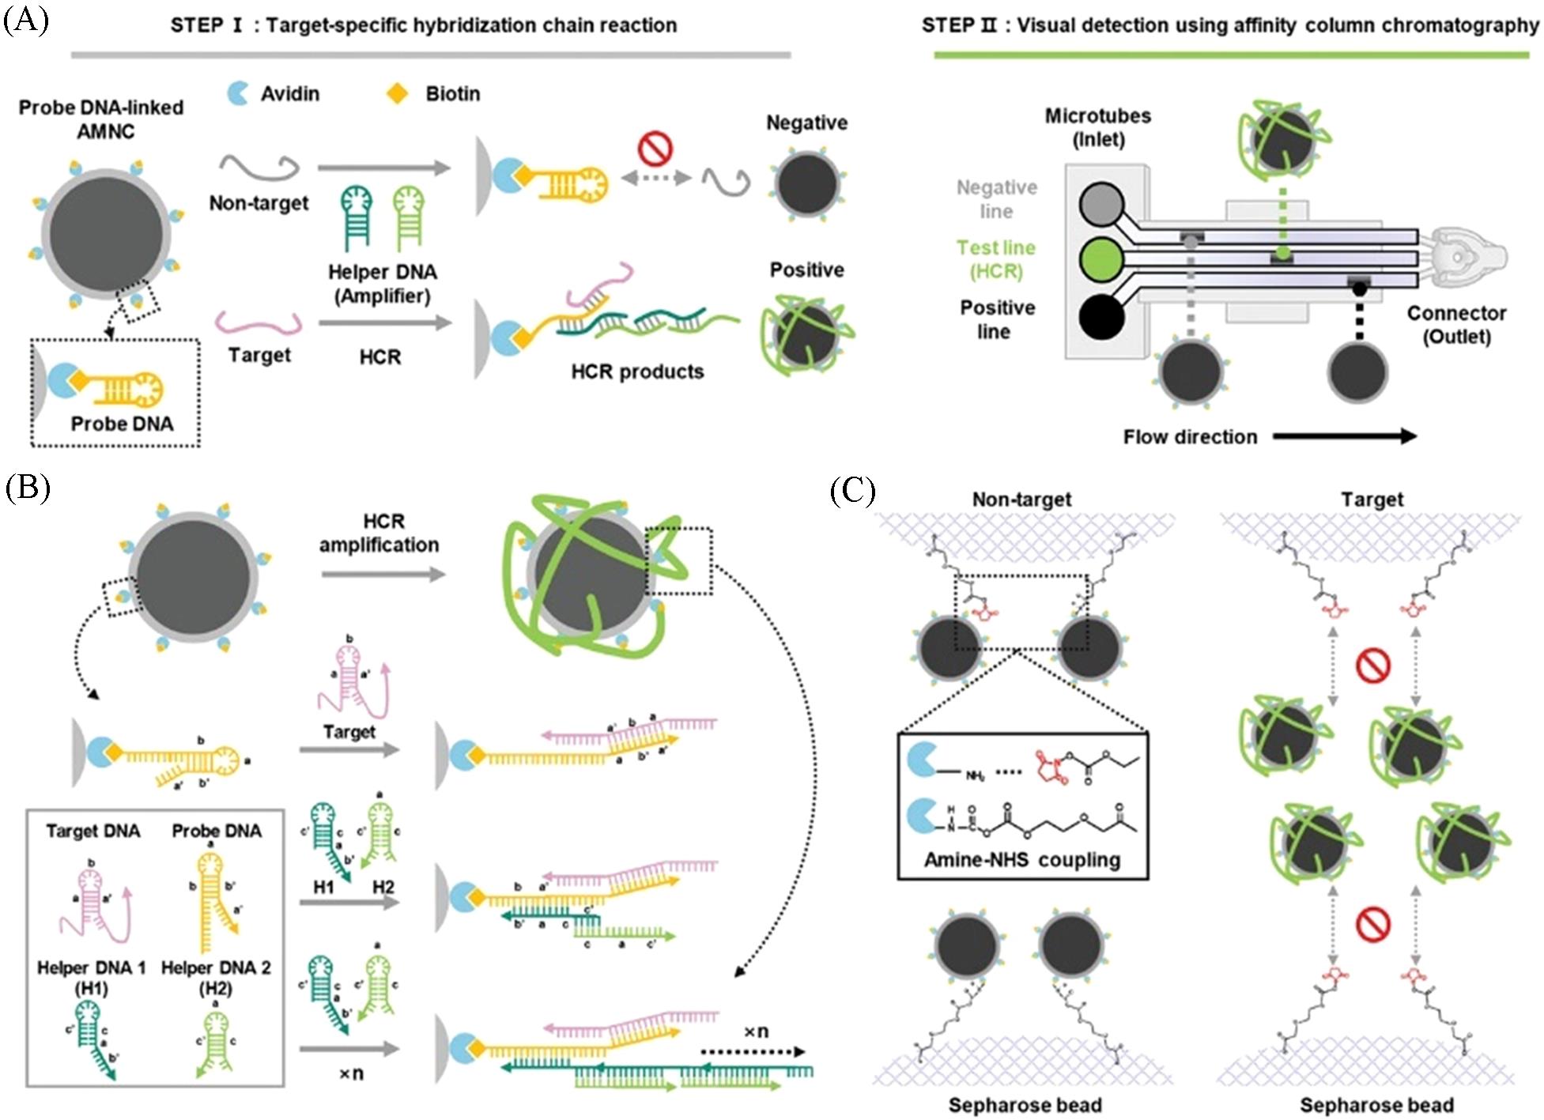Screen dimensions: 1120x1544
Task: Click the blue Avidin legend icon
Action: coord(239,93)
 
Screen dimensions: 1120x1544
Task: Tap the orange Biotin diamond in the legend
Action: coord(397,93)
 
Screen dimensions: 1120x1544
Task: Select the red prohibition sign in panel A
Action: coord(655,148)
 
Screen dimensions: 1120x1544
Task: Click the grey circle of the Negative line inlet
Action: coord(1101,204)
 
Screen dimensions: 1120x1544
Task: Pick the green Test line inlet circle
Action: coord(1101,258)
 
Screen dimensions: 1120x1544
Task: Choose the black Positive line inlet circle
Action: coord(1101,316)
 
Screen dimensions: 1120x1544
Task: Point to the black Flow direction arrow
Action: coord(1344,436)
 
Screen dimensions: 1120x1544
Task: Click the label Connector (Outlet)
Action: coord(1455,325)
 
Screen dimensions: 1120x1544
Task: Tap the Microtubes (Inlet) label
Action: coord(1098,127)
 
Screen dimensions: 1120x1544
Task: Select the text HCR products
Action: coord(637,371)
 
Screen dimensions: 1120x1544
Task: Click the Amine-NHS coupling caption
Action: coord(1022,860)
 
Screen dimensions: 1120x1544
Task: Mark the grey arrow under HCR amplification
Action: coord(383,575)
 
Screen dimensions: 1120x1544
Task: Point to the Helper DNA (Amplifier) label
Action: coord(383,284)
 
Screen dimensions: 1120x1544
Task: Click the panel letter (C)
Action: coord(852,491)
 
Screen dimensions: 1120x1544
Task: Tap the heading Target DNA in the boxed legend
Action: coord(92,831)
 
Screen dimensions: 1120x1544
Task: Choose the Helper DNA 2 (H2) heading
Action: coord(216,978)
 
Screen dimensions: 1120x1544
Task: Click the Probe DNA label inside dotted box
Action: coord(122,424)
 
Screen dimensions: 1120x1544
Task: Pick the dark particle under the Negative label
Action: coord(806,183)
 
